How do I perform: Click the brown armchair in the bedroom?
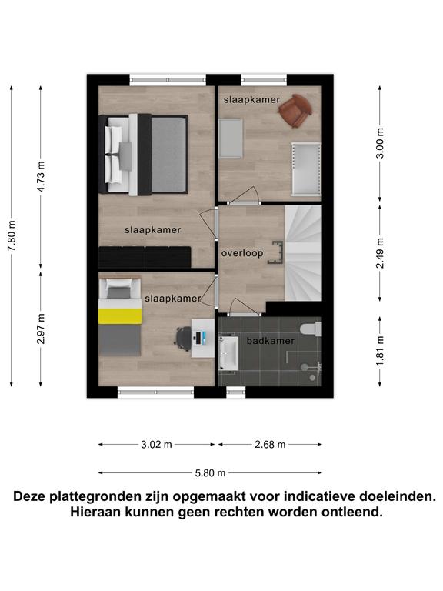295,111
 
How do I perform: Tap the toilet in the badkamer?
311,329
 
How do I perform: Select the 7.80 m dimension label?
12,236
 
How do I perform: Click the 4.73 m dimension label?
41,176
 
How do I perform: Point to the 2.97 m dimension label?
41,329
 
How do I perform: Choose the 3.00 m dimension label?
380,143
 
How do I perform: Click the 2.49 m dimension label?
380,253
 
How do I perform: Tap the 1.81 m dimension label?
380,351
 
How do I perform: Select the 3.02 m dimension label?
156,445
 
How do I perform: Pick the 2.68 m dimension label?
270,445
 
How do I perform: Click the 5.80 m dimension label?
210,473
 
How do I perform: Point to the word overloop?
242,253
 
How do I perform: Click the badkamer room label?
271,341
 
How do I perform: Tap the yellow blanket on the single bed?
120,316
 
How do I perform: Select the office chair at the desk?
184,338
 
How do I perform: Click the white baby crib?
306,169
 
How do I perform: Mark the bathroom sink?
229,353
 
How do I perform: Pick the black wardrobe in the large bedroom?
145,257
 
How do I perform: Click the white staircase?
304,253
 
